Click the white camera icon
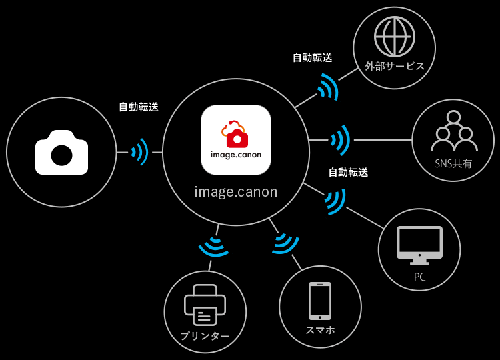tap(61, 153)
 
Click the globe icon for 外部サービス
tap(395, 37)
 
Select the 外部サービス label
tap(395, 66)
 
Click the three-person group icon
tap(454, 131)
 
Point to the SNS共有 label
tap(453, 163)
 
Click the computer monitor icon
tap(419, 245)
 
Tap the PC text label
tap(419, 277)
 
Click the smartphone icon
tap(320, 301)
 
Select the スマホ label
tap(320, 330)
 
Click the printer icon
tap(205, 305)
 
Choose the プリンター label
tap(205, 336)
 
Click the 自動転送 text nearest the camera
tap(139, 107)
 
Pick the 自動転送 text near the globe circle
tap(313, 58)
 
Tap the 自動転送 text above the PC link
tap(348, 172)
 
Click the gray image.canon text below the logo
tap(235, 191)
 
